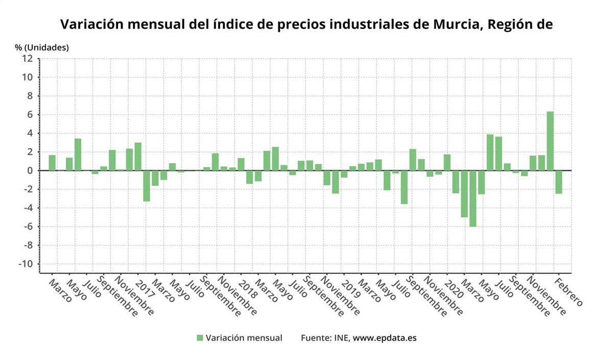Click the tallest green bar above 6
pyautogui.click(x=550, y=141)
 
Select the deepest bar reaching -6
pyautogui.click(x=473, y=198)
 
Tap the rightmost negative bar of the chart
pyautogui.click(x=559, y=182)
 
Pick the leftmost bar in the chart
pyautogui.click(x=52, y=163)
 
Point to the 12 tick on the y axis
pyautogui.click(x=27, y=59)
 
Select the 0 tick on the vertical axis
pyautogui.click(x=30, y=171)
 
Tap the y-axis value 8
pyautogui.click(x=30, y=96)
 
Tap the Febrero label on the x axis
pyautogui.click(x=569, y=292)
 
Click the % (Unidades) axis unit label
pyautogui.click(x=42, y=47)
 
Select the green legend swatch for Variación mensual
pyautogui.click(x=200, y=338)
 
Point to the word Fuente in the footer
pyautogui.click(x=315, y=338)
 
